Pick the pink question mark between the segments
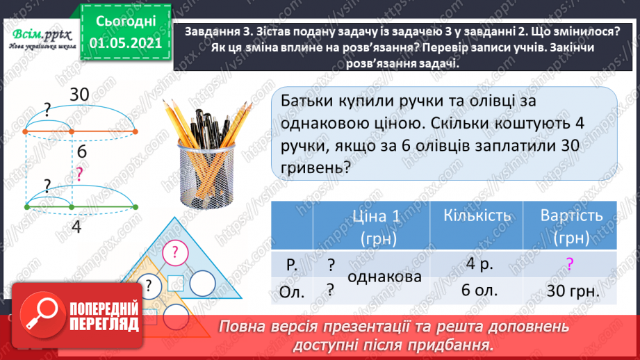pos(80,175)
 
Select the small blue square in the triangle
pos(176,282)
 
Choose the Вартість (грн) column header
pos(571,226)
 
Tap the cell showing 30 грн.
pos(571,291)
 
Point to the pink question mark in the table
pos(570,263)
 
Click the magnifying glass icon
pos(39,315)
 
